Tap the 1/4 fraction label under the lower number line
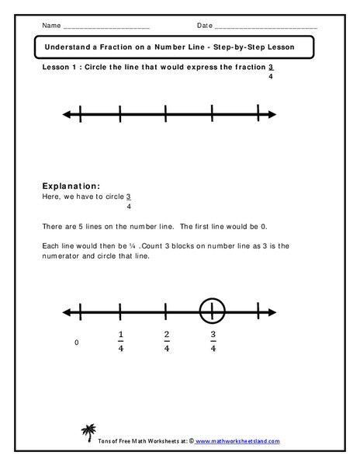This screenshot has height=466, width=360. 120,342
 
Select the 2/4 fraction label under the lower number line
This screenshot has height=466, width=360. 167,342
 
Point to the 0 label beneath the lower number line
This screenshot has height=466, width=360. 76,342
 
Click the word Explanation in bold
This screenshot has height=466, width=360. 71,186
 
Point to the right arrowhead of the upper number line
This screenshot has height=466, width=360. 272,115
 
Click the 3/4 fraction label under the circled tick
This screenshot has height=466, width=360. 212,342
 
